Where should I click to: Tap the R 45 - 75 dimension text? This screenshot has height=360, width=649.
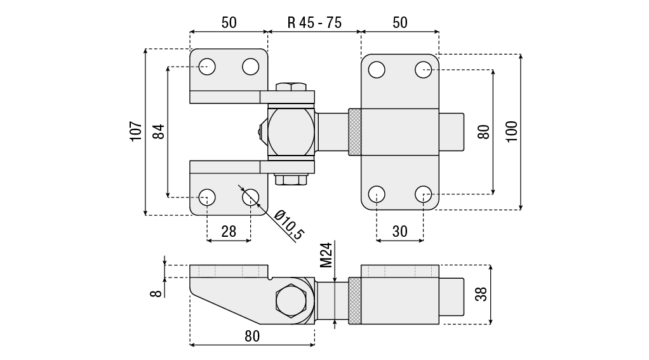(314, 23)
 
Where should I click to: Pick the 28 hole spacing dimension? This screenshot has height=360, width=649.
(229, 232)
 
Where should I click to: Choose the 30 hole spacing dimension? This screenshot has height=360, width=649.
(399, 232)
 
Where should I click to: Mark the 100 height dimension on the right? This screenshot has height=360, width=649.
(512, 131)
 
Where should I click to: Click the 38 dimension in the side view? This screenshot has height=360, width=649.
(481, 294)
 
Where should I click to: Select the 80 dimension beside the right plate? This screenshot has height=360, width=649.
(484, 131)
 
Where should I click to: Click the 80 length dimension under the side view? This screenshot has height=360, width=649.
(252, 337)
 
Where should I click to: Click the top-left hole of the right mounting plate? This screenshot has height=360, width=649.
(377, 69)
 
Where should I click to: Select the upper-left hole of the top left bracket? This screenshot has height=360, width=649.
(207, 66)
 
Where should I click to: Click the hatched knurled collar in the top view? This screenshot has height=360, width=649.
(355, 132)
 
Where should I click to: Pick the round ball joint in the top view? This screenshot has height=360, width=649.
(290, 131)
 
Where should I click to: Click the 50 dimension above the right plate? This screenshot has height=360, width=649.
(399, 23)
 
